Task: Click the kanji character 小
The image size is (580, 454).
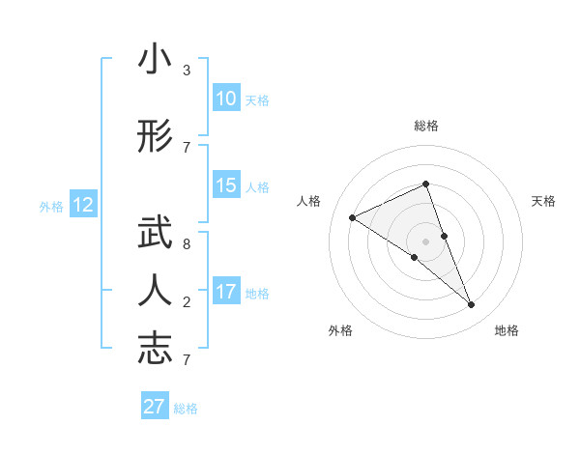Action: [155, 61]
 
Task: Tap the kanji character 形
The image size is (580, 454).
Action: [155, 137]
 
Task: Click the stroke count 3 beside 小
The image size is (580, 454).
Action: [186, 71]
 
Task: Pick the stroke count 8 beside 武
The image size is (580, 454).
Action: [186, 244]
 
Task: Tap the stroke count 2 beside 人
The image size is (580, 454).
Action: [186, 302]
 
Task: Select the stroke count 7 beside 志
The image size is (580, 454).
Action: [186, 359]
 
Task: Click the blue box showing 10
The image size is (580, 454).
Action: [225, 99]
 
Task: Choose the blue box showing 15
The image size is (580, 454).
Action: [225, 185]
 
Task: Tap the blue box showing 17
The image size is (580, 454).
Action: [225, 292]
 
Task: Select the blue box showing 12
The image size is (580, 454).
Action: [83, 205]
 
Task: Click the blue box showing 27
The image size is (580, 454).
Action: [155, 407]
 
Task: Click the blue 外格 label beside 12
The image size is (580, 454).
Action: [51, 206]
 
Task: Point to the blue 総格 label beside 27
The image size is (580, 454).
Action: [186, 409]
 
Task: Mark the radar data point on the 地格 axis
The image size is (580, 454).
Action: [472, 305]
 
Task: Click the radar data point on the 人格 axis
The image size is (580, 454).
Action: [353, 217]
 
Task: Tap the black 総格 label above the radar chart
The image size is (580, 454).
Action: [426, 126]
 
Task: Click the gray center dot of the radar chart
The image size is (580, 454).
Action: [426, 241]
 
